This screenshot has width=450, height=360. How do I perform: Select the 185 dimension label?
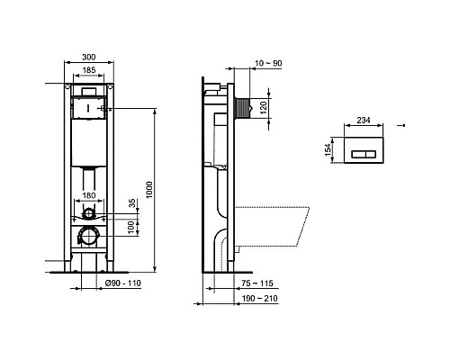coord(88,70)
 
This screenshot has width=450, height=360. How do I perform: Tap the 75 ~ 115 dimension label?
coord(255,283)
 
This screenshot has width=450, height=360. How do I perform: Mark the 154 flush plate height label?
coord(328,154)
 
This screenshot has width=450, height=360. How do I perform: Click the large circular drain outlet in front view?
coord(87,238)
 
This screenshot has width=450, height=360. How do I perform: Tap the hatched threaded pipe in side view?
coord(241,105)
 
